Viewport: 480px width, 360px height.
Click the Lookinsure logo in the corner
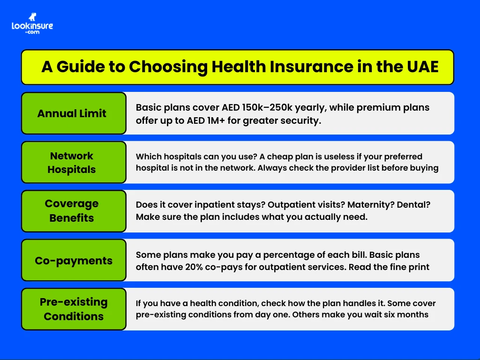coord(32,23)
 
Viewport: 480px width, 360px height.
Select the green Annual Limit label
coord(72,113)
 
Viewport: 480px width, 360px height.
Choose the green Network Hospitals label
coord(72,163)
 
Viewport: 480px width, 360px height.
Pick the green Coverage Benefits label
coord(72,211)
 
